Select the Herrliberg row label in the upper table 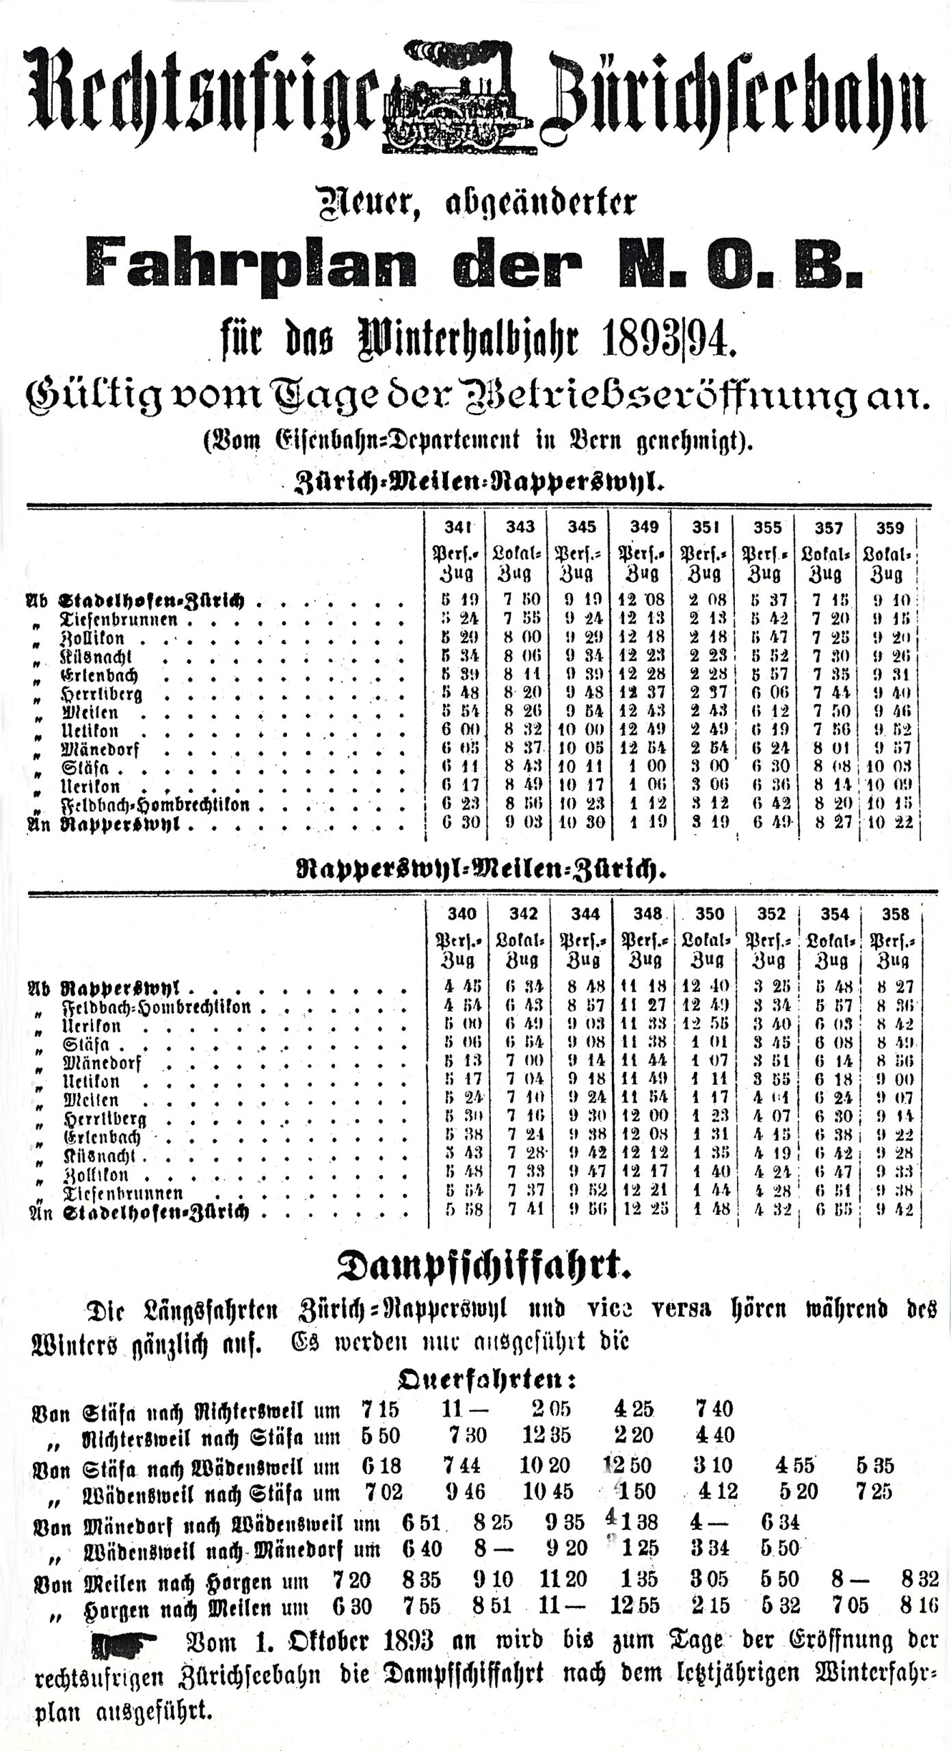103,694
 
